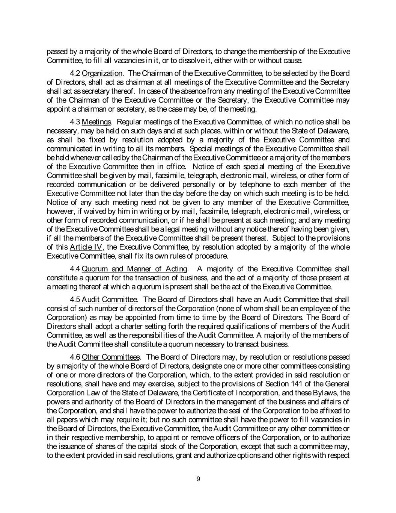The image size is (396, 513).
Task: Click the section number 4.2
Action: pos(75,73)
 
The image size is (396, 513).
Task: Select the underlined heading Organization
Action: pos(102,73)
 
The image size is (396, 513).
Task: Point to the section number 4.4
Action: pos(75,269)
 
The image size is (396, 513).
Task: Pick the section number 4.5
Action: pos(75,300)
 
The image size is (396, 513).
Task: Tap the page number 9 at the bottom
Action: pos(198,479)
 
